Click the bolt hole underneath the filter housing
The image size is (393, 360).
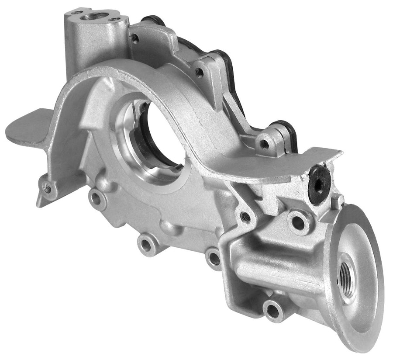pos(273,311)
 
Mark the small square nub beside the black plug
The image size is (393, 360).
pos(337,200)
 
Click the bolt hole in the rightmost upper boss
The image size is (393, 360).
pos(264,144)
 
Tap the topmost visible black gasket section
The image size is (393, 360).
pos(153,19)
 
